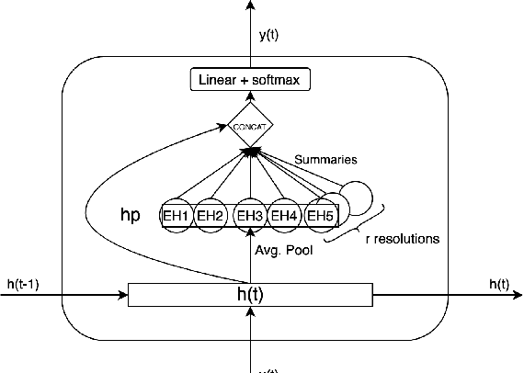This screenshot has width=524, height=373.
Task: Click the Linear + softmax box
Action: tap(250, 81)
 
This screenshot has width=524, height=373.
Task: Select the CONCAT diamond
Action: tap(250, 127)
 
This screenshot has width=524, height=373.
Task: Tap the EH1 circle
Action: tap(176, 216)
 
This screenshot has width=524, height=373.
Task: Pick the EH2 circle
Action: tap(211, 216)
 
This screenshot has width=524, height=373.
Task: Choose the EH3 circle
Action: tap(249, 216)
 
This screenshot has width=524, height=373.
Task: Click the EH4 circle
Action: tap(286, 216)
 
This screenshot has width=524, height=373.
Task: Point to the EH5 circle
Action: tap(319, 216)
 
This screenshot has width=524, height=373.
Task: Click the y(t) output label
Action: tap(269, 35)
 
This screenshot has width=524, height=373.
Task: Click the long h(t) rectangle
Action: tap(250, 295)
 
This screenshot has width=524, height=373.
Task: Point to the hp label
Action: tap(130, 214)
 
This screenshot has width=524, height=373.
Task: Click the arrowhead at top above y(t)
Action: tap(250, 6)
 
